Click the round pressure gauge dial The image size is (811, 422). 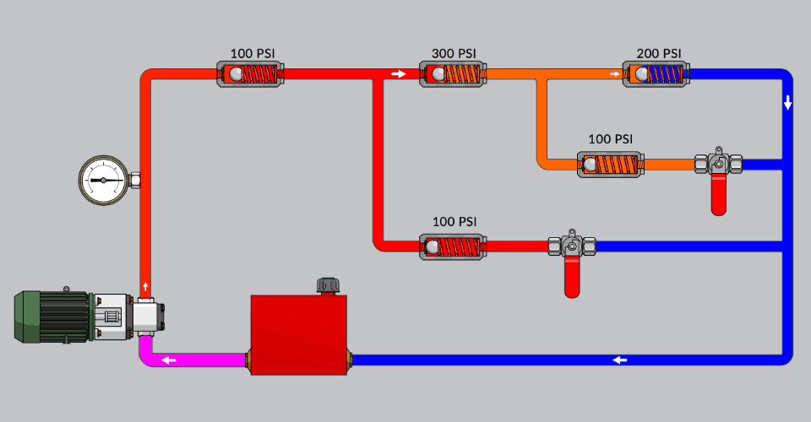(x=103, y=180)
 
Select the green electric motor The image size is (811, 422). (x=52, y=316)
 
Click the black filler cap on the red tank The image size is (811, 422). (x=328, y=286)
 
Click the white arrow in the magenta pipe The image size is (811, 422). (x=170, y=360)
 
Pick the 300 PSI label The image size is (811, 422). (x=454, y=54)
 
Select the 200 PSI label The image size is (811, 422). (x=659, y=54)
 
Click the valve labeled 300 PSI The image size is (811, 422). (x=454, y=74)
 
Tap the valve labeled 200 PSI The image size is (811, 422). (x=658, y=74)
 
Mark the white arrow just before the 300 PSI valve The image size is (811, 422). (x=399, y=74)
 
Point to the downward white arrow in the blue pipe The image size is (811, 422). (x=787, y=104)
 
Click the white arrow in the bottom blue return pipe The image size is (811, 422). (x=620, y=360)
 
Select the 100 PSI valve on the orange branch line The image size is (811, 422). (x=611, y=164)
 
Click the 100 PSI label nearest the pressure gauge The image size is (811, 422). (x=253, y=54)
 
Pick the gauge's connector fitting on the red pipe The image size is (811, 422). (x=135, y=180)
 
